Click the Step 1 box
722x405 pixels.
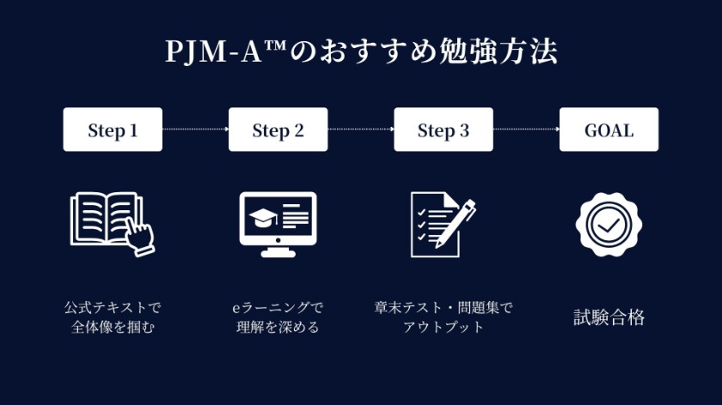pyautogui.click(x=113, y=130)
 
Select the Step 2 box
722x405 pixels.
pyautogui.click(x=278, y=130)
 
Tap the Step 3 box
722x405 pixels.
pyautogui.click(x=444, y=130)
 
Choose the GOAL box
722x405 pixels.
pyautogui.click(x=609, y=130)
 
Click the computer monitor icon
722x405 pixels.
pyautogui.click(x=277, y=223)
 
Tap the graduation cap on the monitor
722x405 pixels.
pyautogui.click(x=260, y=217)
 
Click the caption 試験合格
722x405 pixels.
pyautogui.click(x=609, y=317)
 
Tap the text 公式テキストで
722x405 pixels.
pyautogui.click(x=113, y=306)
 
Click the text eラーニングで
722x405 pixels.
pyautogui.click(x=278, y=306)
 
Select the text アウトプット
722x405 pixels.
pyautogui.click(x=444, y=327)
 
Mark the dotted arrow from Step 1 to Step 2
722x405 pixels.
pyautogui.click(x=195, y=130)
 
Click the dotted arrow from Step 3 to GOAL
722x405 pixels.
pyautogui.click(x=526, y=130)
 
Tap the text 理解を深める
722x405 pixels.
pyautogui.click(x=278, y=327)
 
